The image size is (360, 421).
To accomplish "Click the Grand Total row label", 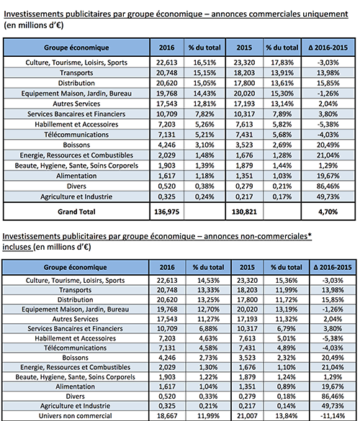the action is point(76,212).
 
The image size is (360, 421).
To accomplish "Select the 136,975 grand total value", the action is point(166,212).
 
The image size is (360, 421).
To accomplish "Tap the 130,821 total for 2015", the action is point(244,212).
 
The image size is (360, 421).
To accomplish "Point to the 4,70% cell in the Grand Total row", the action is point(328,212).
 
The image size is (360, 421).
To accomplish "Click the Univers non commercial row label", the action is point(75,416).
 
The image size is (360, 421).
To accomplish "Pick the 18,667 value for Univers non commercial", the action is point(167,416).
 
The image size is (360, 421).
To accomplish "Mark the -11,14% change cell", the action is point(333,416).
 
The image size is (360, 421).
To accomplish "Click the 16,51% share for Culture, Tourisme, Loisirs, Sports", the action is point(204,63).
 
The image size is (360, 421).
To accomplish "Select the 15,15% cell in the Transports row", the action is point(204,73).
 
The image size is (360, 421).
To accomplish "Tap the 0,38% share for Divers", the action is point(204,186).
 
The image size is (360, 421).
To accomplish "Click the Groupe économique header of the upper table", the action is point(76,47).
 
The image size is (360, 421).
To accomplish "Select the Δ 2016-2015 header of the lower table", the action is point(333,267).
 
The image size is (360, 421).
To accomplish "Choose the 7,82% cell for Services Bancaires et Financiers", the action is point(204,114).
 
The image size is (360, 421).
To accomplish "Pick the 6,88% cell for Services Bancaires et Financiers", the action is point(208,329).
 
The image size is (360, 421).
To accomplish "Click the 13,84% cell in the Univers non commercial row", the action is point(287,416).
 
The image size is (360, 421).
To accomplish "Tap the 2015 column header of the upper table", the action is point(244,47).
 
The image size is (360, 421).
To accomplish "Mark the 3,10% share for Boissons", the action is point(204,145).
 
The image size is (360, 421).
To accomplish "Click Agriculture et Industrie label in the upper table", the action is point(76,196).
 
